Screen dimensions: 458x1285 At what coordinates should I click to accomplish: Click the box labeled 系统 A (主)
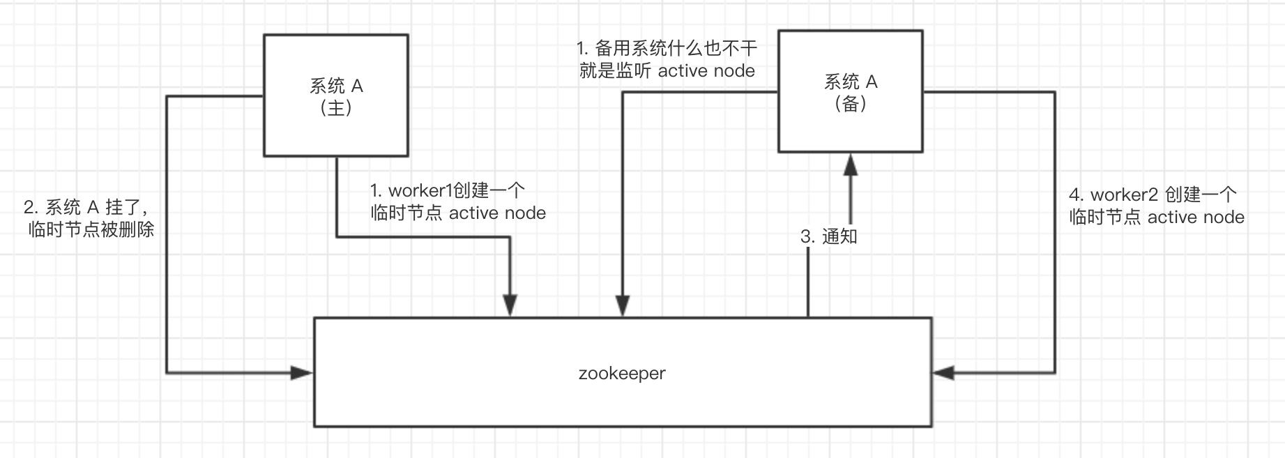tap(335, 96)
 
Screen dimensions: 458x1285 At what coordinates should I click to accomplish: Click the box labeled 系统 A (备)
tap(850, 91)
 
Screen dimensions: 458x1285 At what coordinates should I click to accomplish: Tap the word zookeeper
tap(622, 373)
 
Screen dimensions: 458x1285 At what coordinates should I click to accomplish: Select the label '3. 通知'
tap(828, 236)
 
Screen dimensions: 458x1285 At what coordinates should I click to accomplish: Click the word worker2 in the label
tap(1123, 194)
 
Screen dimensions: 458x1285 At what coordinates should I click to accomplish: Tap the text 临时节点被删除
tap(91, 229)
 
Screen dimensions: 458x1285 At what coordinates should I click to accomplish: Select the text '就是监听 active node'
tap(667, 71)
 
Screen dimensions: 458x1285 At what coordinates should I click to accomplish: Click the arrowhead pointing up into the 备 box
tap(850, 165)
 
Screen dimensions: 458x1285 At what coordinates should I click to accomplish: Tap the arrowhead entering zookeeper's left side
tap(302, 373)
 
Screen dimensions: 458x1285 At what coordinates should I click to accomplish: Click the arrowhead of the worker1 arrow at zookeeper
tap(510, 305)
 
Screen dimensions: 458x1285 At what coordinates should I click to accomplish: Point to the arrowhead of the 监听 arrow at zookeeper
tap(623, 305)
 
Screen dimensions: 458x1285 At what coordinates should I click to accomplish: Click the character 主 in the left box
tap(336, 108)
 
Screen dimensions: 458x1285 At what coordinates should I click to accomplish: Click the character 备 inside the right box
tap(851, 104)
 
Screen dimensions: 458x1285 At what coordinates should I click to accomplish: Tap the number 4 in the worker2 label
tap(1074, 195)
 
